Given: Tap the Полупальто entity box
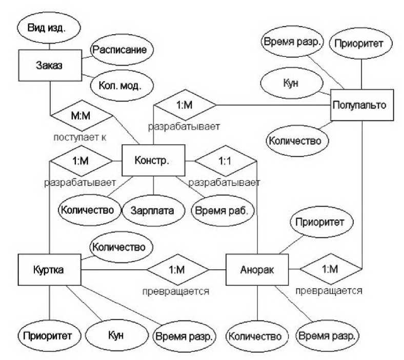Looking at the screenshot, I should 361,105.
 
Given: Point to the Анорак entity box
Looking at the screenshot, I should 257,269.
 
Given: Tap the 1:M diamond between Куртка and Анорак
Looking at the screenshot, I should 177,269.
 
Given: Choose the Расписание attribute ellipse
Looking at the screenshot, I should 122,50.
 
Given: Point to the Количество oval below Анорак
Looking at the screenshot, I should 255,336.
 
